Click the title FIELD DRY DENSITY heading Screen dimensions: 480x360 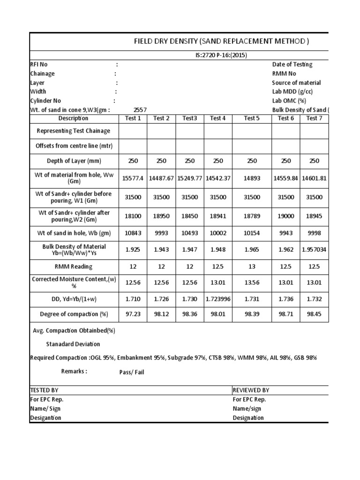222,42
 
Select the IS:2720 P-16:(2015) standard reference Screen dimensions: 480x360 221,55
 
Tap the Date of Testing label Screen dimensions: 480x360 292,65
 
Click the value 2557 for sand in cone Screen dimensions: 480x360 140,110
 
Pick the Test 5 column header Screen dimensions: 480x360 252,118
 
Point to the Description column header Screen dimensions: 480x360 73,118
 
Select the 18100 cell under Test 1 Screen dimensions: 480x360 133,216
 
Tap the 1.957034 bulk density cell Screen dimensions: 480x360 314,250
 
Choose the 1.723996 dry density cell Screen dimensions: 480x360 218,298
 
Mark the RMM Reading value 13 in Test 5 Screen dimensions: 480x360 252,266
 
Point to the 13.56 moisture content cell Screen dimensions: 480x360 252,282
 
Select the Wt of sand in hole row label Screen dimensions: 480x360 73,233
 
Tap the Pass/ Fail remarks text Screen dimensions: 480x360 128,372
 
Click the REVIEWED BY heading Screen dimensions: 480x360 251,390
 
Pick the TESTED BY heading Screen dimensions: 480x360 45,390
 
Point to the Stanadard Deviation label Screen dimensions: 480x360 73,344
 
